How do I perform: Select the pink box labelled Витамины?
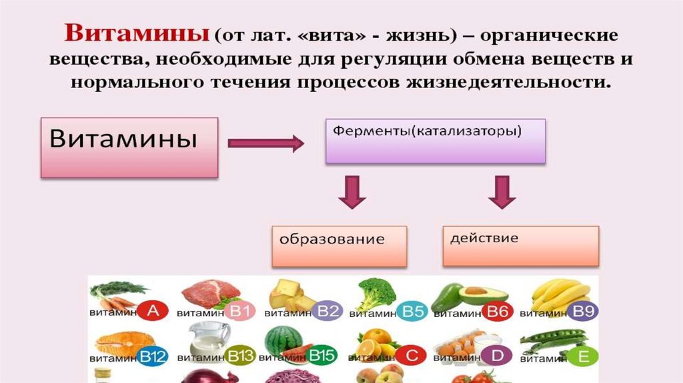pos(129,147)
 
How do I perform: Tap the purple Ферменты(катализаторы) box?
pos(435,141)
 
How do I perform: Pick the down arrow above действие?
pos(502,192)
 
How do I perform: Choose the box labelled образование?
pos(339,246)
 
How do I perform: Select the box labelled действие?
pos(521,244)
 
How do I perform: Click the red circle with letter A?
pos(153,311)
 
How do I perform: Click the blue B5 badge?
pos(414,312)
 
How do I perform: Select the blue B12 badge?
pos(153,358)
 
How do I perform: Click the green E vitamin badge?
pos(584,358)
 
